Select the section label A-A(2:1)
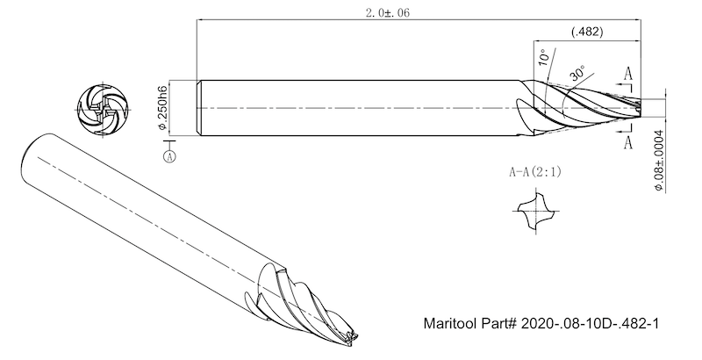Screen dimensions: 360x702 coord(535,172)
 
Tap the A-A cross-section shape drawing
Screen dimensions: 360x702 coord(534,214)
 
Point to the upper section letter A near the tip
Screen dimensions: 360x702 coord(628,75)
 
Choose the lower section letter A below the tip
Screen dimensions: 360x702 coord(628,141)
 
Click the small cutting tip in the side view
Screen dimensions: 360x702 coord(639,107)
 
